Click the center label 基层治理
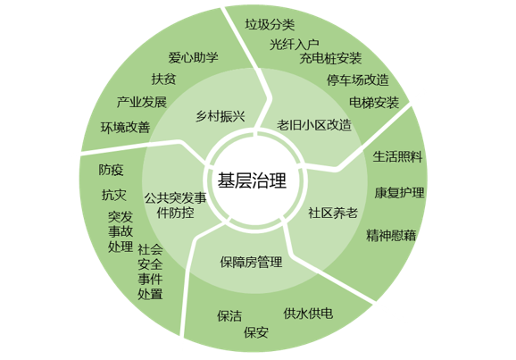(252, 180)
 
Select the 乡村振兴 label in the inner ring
(221, 116)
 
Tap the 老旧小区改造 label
(314, 125)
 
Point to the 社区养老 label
(333, 213)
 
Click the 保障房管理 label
(251, 262)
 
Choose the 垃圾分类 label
(270, 24)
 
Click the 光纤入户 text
(295, 44)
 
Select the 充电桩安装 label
(330, 59)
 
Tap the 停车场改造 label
(358, 80)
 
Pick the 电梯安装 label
(374, 103)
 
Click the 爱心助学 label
(193, 58)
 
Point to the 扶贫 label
(164, 79)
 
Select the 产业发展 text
(142, 102)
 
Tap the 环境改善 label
(125, 128)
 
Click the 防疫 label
(111, 170)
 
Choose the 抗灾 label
(114, 195)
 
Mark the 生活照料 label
(397, 156)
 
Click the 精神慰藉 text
(391, 236)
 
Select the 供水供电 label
(308, 314)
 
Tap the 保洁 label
(229, 316)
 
